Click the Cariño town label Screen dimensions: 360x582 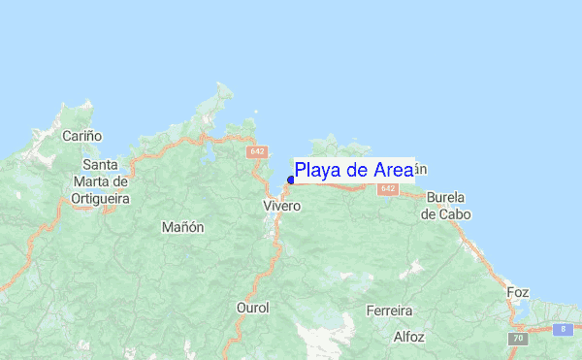[82, 137]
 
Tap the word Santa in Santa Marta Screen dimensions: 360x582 [100, 165]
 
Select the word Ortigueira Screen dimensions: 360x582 [100, 198]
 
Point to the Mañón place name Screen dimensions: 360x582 [183, 227]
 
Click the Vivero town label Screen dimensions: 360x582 [282, 207]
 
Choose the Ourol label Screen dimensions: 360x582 [252, 308]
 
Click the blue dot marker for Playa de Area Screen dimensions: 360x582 [291, 180]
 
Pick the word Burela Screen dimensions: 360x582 [446, 197]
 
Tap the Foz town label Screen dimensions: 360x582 [518, 291]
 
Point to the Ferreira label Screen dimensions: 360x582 [389, 311]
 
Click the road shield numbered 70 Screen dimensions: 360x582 [518, 339]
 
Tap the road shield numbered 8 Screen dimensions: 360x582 [562, 329]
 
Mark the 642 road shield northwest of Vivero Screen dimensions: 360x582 [257, 152]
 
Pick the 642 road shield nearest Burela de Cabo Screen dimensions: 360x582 [388, 188]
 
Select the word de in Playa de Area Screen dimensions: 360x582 [359, 171]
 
